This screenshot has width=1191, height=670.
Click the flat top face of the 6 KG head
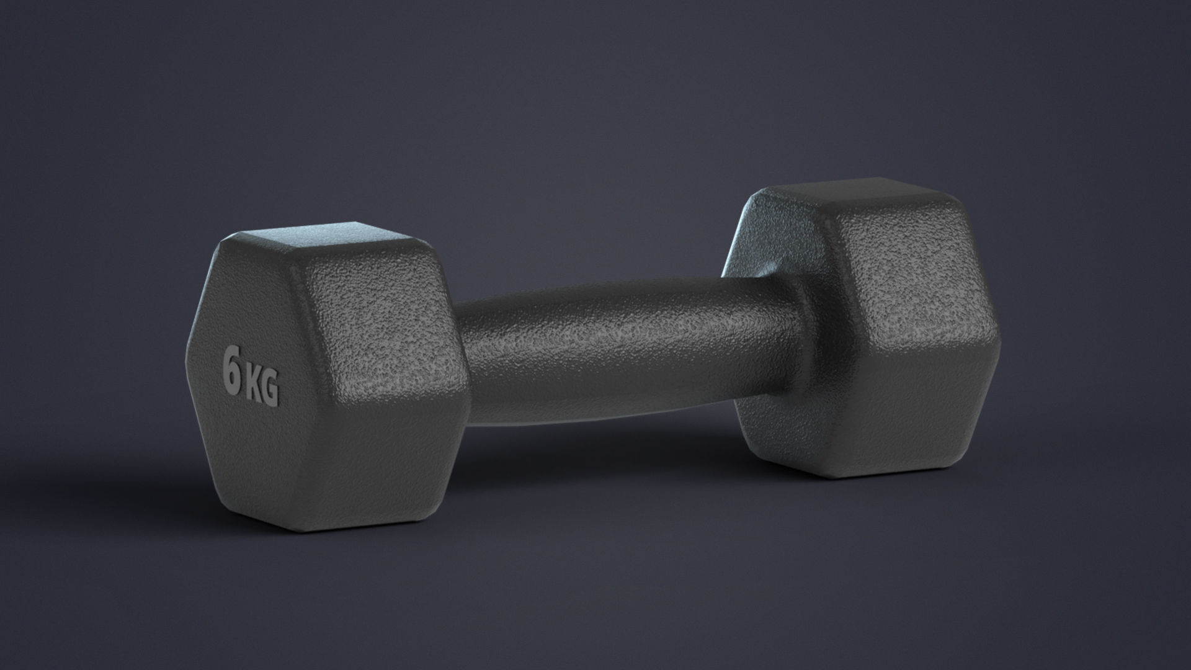tap(329, 239)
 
